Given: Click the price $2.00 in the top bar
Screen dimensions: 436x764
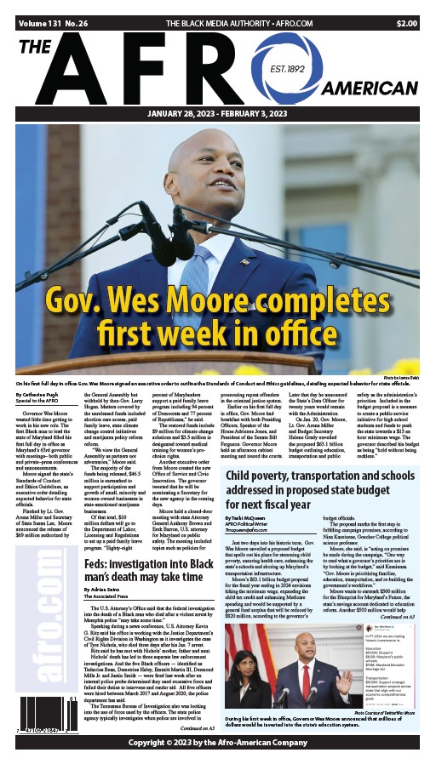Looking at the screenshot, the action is coord(406,24).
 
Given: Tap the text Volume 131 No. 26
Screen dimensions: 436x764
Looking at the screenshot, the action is coord(53,24).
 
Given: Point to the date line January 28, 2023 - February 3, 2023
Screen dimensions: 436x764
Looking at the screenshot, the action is coord(218,115).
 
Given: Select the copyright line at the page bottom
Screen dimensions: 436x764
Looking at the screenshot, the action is coord(218,742).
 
